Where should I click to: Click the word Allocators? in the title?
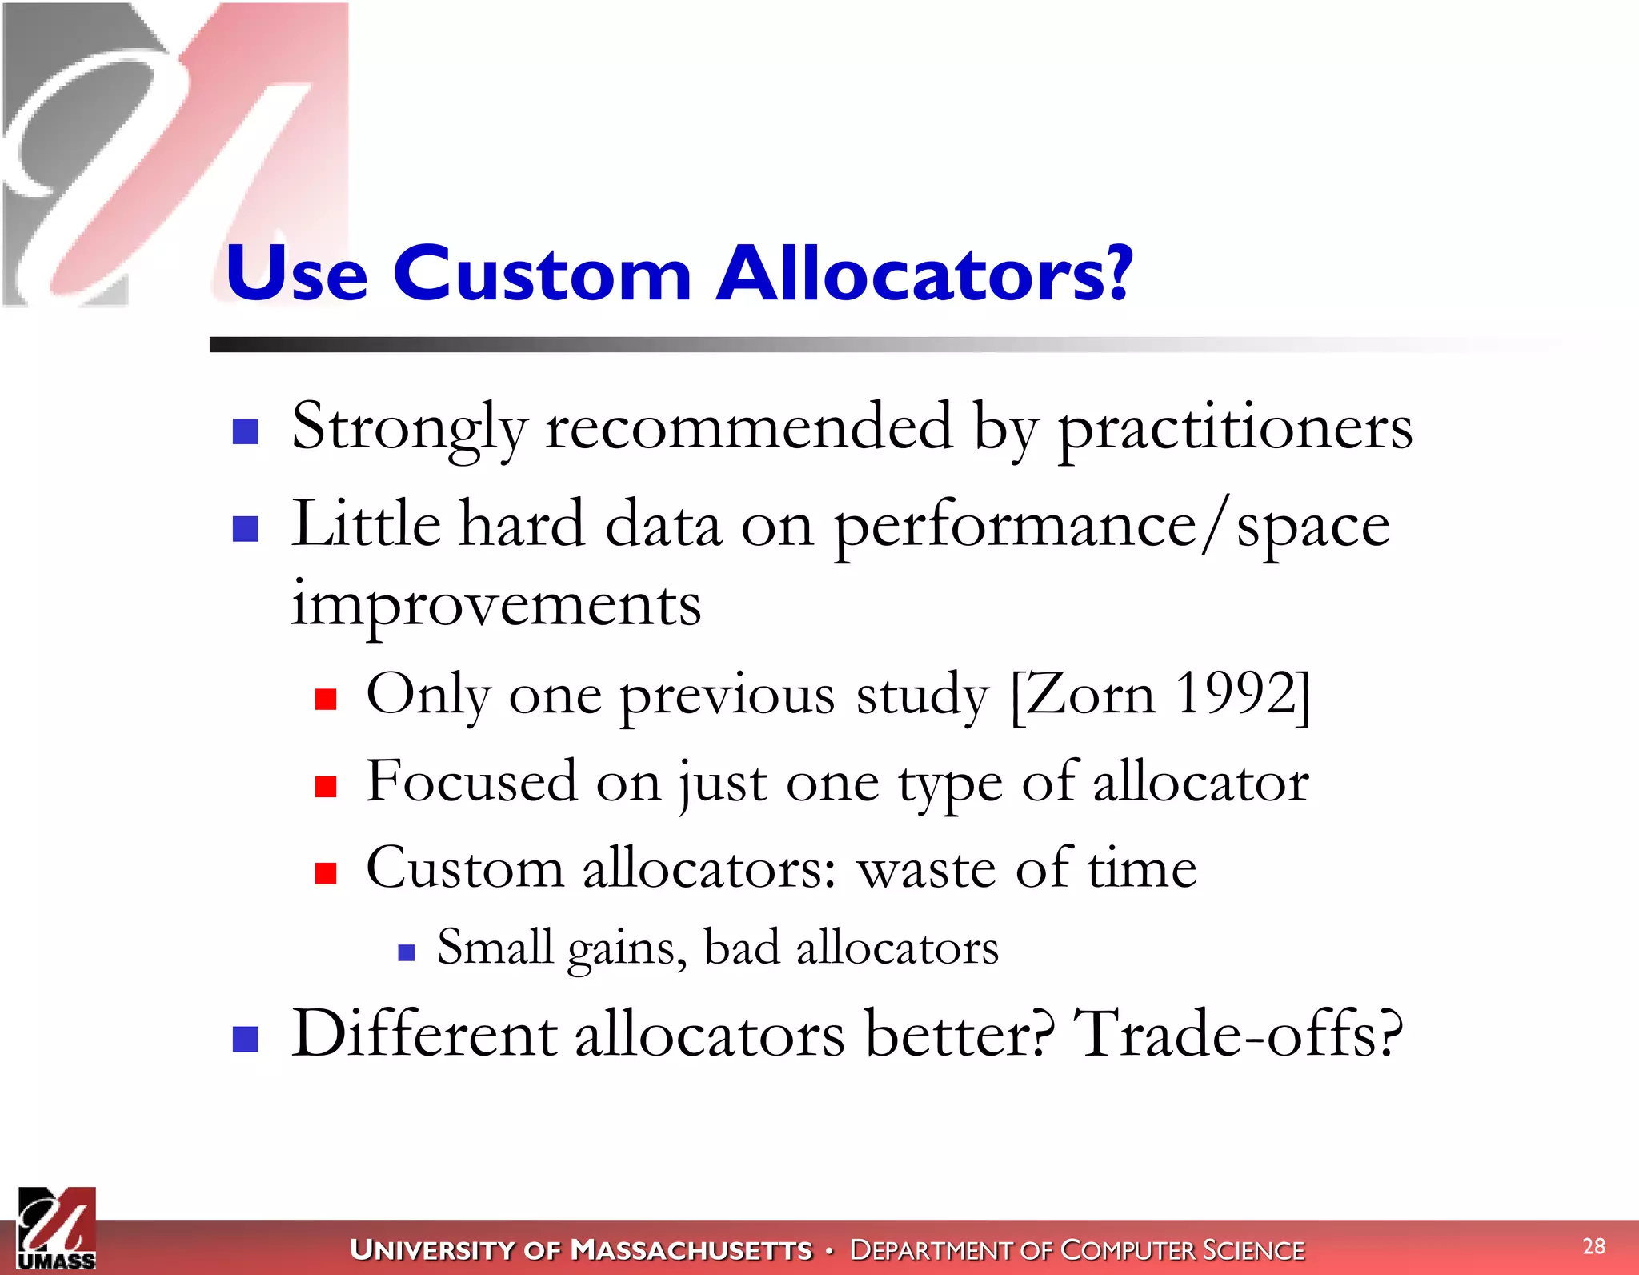tap(924, 275)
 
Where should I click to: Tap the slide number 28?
tap(1593, 1246)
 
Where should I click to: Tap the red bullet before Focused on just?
tap(325, 786)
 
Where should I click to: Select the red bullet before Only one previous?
tap(325, 700)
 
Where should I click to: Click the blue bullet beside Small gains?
tap(406, 952)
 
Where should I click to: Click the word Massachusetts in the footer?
tap(691, 1249)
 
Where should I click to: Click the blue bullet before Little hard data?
tap(245, 528)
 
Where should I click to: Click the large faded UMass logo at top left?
tap(160, 152)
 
